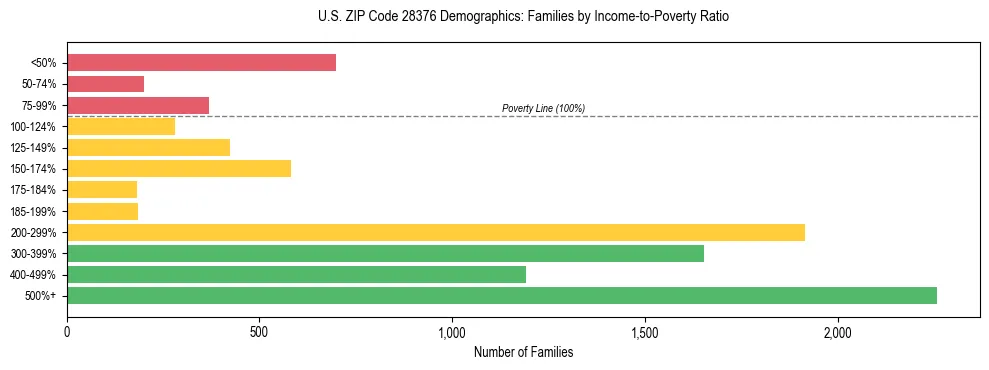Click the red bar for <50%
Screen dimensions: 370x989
[x=201, y=63]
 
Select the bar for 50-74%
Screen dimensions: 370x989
[x=105, y=84]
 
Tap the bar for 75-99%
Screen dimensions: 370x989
[x=138, y=105]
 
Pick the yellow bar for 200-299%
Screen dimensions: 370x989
[x=436, y=232]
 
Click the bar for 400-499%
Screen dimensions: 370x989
[x=296, y=274]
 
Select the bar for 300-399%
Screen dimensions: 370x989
[x=385, y=253]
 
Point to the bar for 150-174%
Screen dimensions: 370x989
[x=179, y=168]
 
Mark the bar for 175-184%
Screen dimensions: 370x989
[x=102, y=190]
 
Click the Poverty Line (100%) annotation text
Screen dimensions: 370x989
[x=543, y=108]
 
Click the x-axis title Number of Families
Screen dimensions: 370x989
[x=523, y=352]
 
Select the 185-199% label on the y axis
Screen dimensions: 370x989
[x=35, y=211]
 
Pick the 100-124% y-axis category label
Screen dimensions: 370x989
[x=35, y=127]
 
